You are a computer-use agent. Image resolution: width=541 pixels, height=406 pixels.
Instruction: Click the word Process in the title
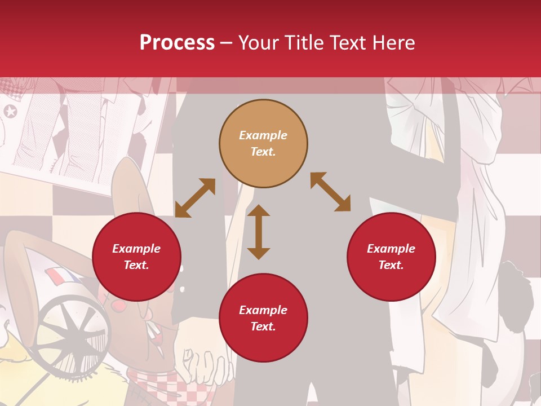[177, 43]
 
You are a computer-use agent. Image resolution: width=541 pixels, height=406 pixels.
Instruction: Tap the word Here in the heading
[393, 43]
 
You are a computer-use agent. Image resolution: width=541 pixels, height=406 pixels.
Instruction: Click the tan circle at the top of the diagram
[263, 143]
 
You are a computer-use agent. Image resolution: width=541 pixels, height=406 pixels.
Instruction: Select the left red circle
[136, 257]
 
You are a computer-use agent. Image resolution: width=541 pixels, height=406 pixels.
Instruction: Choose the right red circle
[391, 257]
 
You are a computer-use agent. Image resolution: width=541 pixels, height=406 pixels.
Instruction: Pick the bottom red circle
[263, 318]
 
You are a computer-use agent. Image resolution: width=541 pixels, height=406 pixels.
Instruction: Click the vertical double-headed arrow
[259, 232]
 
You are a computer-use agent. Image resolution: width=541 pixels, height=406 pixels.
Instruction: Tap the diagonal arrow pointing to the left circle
[195, 198]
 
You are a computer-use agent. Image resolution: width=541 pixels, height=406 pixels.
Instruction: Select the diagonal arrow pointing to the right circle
[331, 192]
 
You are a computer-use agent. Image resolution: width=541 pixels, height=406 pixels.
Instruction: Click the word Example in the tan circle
[263, 135]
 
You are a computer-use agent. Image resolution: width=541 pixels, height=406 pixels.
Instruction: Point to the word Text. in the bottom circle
[263, 326]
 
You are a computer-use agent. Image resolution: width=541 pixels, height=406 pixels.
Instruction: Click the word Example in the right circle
[391, 249]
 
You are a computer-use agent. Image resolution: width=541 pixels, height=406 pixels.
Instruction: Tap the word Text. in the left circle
[136, 265]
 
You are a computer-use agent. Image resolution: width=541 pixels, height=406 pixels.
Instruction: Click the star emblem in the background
[10, 111]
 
